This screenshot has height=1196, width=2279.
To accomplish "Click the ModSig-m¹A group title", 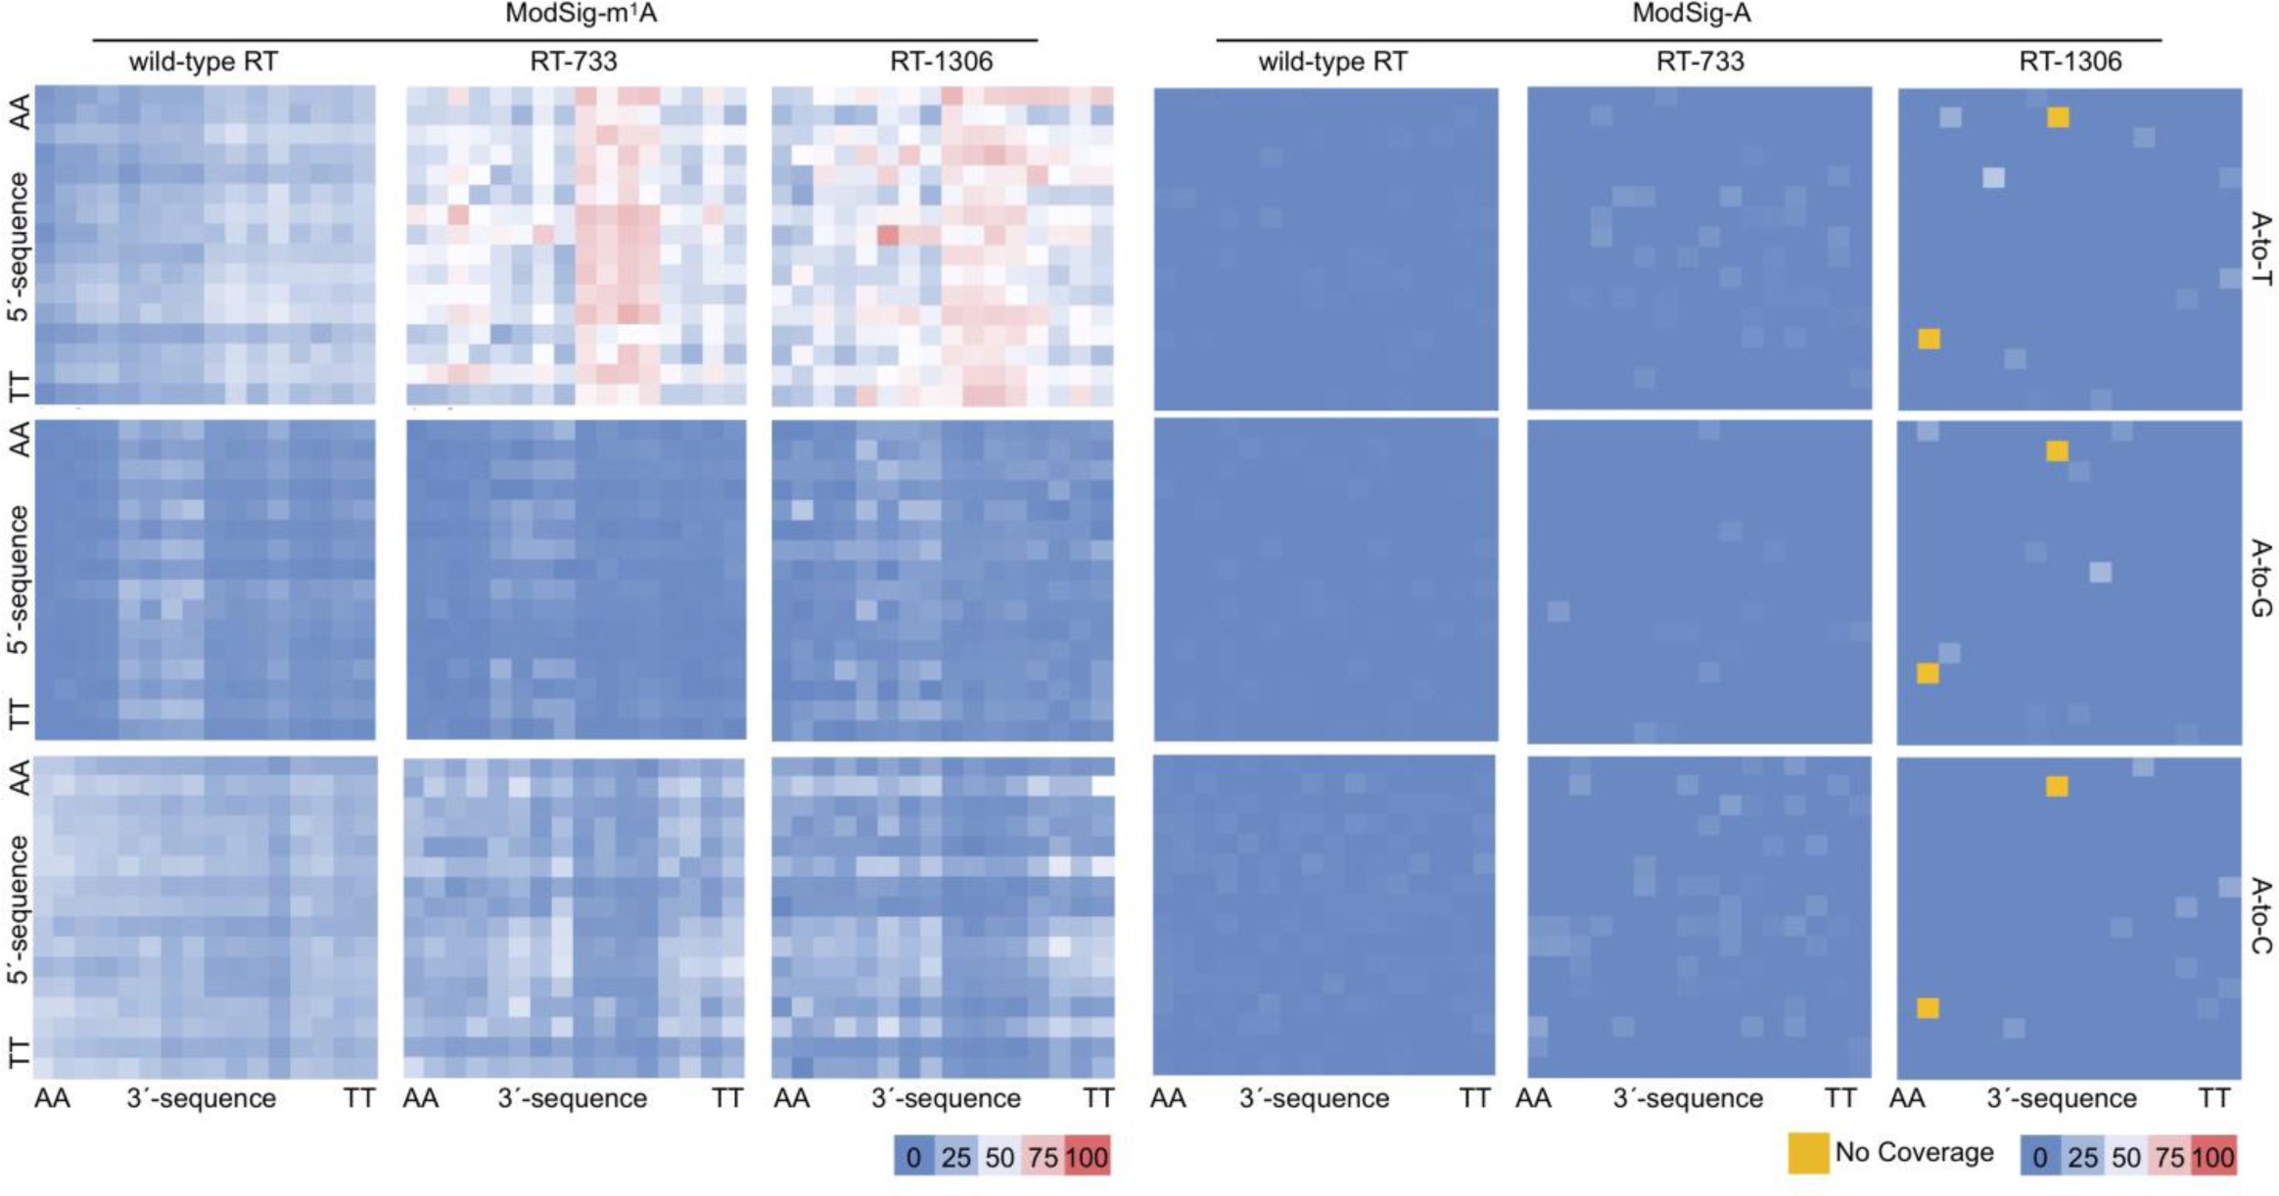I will coord(581,14).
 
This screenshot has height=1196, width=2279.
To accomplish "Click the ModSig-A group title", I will coord(1691,14).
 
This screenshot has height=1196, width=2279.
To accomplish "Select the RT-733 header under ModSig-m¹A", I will coord(574,62).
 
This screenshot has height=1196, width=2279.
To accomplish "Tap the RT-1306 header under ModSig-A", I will coord(2070,62).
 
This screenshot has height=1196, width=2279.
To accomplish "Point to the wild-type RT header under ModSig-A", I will coord(1332,62).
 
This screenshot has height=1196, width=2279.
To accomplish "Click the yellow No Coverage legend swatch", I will coord(1808,1153).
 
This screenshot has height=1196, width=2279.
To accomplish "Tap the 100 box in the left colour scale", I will coord(1087,1158).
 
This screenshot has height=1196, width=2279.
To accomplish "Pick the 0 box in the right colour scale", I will coord(2040,1158).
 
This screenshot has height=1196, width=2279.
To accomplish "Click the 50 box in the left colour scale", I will coord(1000,1158).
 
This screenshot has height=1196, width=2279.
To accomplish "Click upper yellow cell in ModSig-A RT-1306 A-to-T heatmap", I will coord(2058,117).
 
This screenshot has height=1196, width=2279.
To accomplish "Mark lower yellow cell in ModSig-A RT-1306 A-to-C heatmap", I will coord(1928,1008).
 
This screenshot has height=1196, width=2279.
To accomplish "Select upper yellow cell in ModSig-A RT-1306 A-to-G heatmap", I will coord(2057,451).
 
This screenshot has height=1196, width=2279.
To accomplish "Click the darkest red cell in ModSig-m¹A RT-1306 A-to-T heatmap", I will coord(888,236).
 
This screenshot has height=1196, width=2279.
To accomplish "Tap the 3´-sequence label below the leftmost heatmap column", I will coord(202,1098).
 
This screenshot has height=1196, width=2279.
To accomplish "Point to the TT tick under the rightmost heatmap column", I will coord(2214,1098).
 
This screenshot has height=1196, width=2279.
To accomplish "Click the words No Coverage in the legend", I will coord(1914,1152).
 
